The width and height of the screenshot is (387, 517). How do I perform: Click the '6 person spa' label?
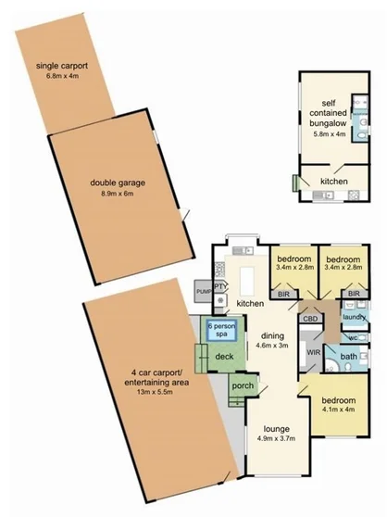[x=219, y=331]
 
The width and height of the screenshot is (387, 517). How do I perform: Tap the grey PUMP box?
[x=203, y=292]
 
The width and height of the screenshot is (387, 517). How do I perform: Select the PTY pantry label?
[x=219, y=287]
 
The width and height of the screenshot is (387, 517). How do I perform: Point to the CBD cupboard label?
[x=311, y=319]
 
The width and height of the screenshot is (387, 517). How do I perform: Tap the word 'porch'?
[x=243, y=385]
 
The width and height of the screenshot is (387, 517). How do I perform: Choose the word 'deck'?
[x=224, y=356]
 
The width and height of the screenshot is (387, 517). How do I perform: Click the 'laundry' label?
[x=355, y=318]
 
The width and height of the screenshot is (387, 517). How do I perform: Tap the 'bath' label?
[x=349, y=357]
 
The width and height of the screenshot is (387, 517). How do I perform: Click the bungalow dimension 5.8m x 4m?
[x=328, y=134]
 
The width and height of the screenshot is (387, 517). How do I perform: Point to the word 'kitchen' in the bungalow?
[x=335, y=183]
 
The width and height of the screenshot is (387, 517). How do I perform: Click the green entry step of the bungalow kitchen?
[x=295, y=183]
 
